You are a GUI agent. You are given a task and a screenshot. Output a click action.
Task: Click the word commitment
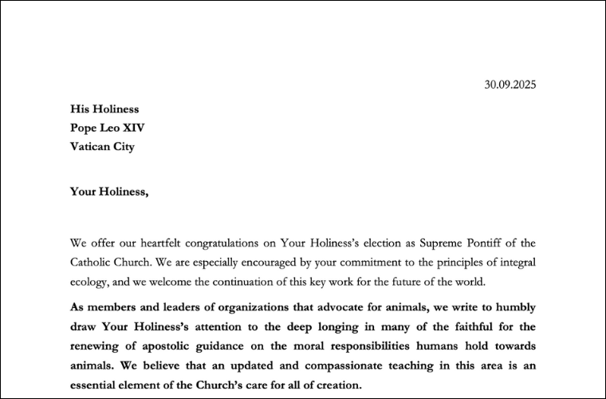click(x=385, y=262)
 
